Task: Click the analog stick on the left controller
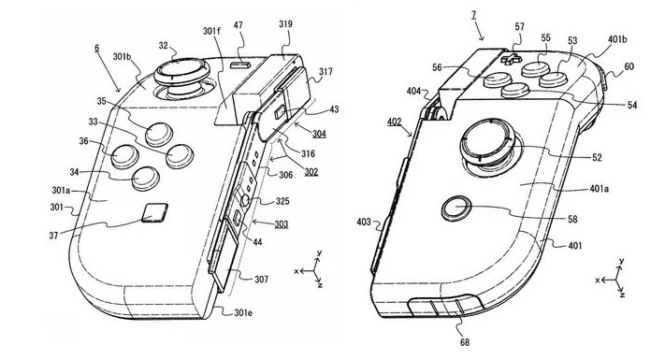click(x=175, y=72)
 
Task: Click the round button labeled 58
click(x=455, y=207)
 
